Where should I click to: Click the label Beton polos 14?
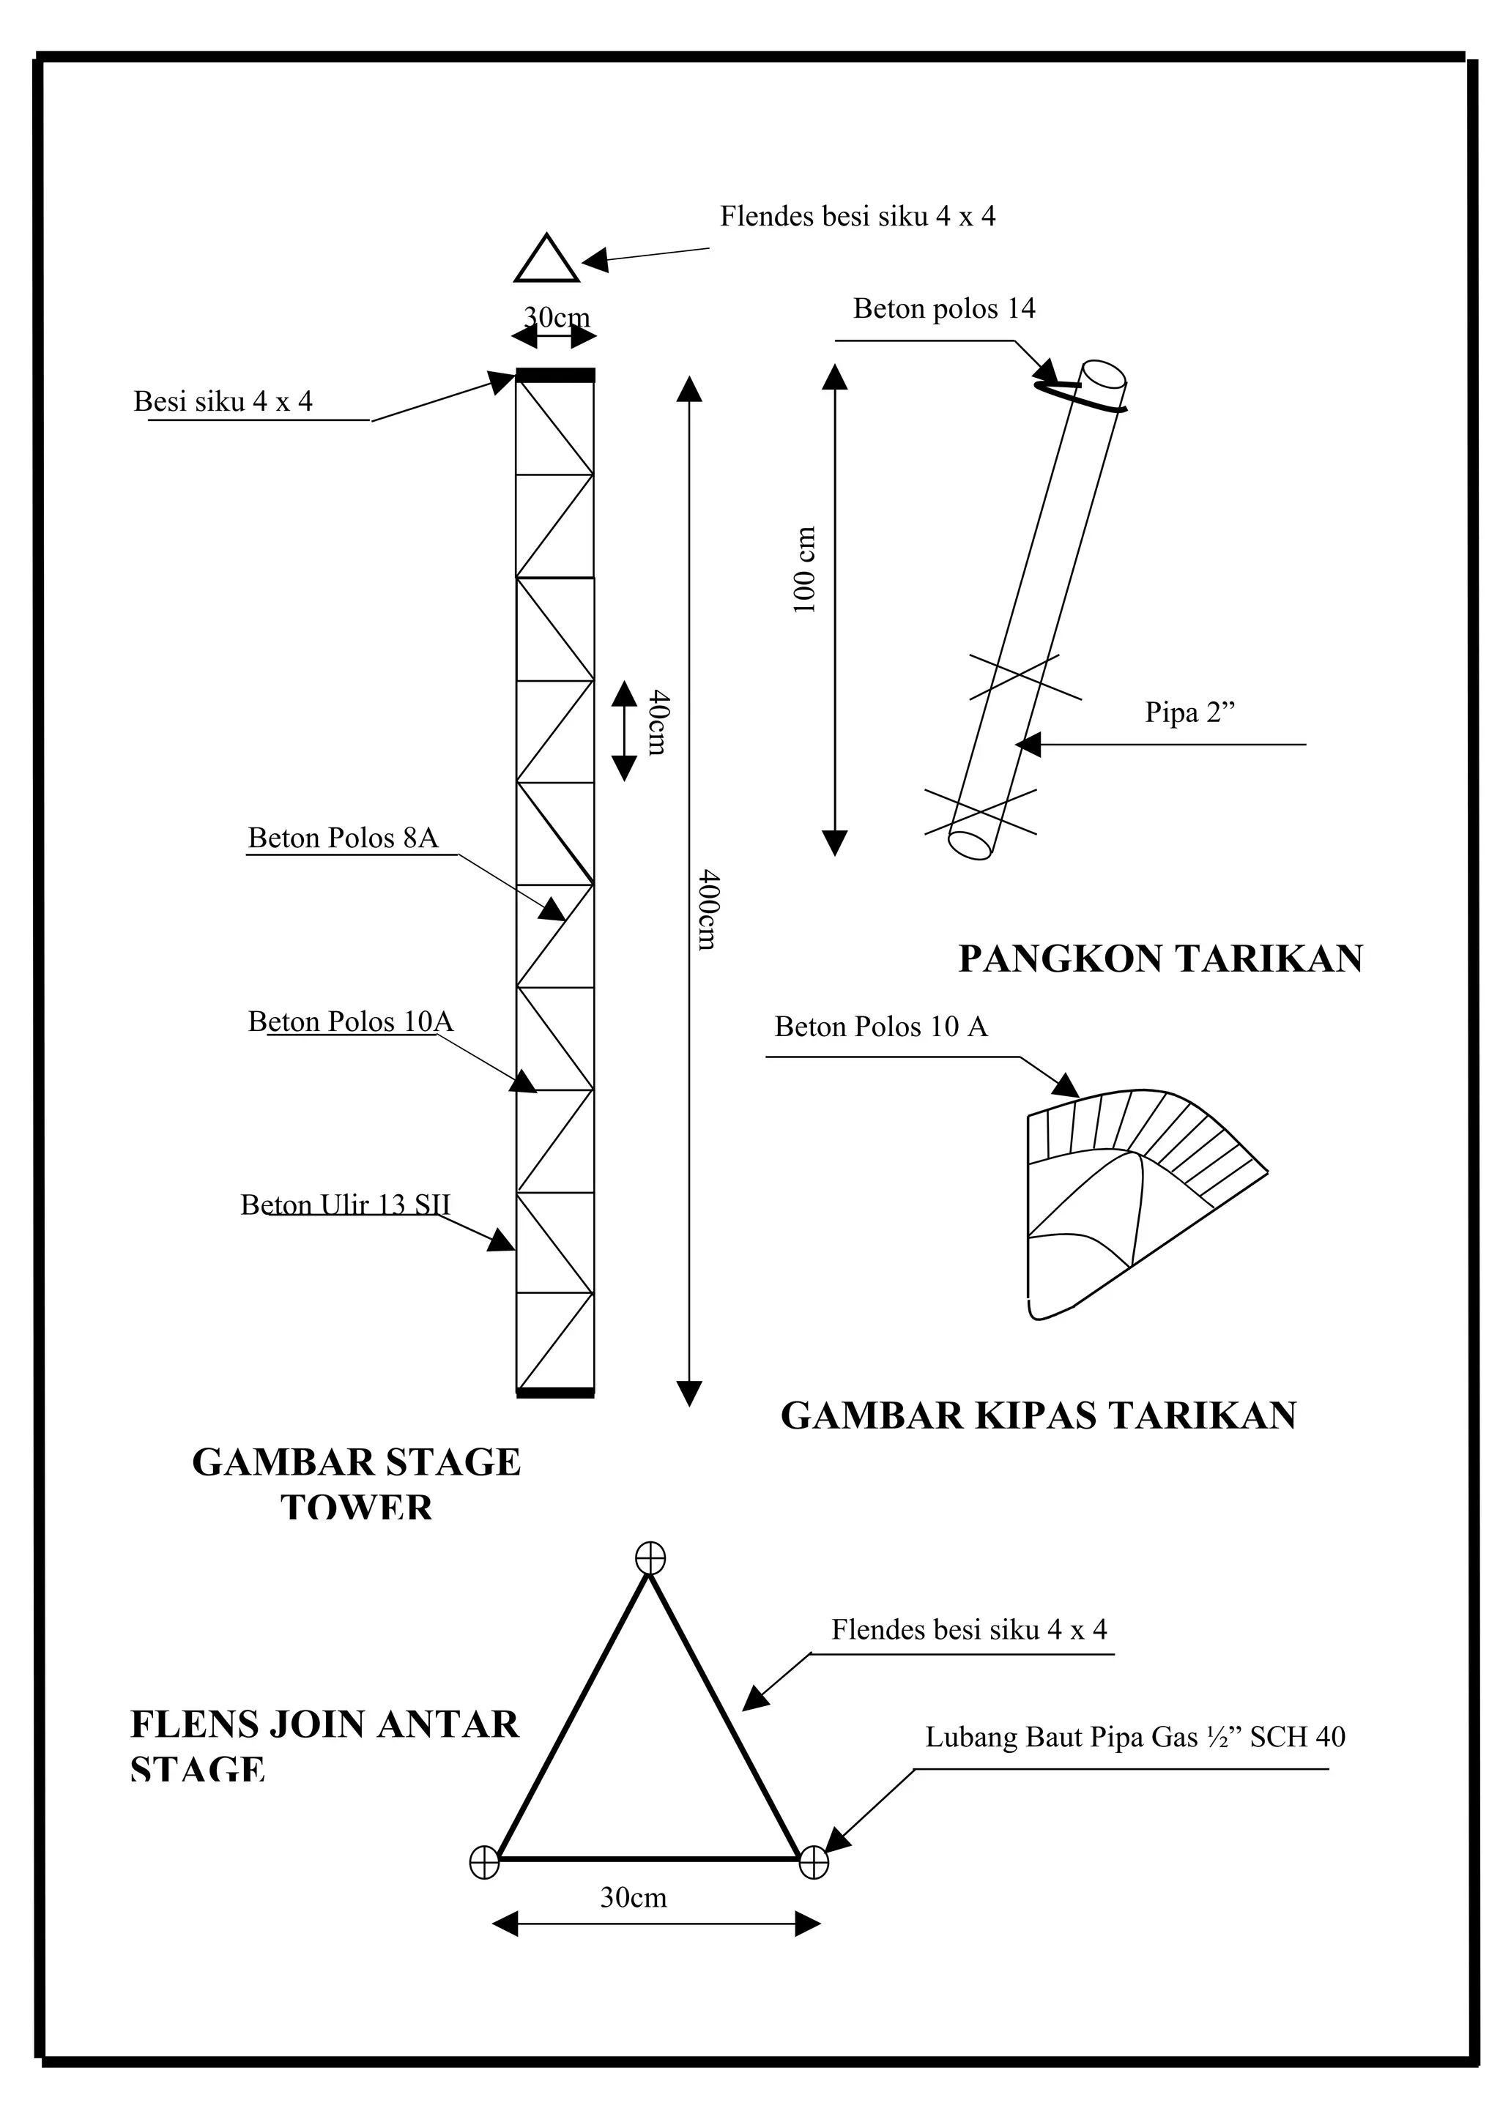[943, 309]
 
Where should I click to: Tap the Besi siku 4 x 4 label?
[223, 401]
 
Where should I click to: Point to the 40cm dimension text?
[657, 722]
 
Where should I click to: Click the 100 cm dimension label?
[805, 570]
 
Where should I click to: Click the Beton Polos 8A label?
[342, 838]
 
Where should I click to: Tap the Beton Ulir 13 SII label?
[345, 1205]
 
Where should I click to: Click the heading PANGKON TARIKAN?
[1160, 958]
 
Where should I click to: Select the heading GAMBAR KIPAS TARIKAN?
[1038, 1415]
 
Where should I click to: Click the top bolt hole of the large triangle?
[650, 1557]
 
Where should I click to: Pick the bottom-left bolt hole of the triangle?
[484, 1862]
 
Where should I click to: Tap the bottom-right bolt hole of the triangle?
[813, 1862]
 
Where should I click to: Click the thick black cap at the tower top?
[554, 375]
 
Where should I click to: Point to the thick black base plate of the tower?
[554, 1392]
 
